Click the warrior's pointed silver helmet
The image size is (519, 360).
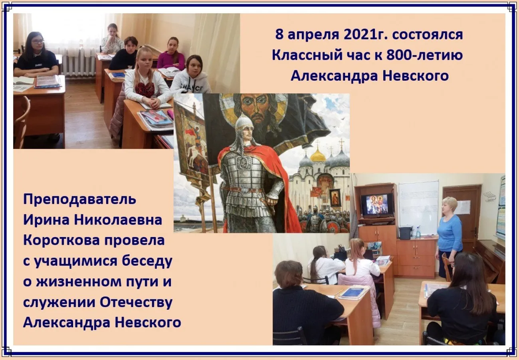click(244, 123)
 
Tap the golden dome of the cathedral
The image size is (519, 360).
click(318, 155)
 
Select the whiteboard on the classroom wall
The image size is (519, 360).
click(418, 206)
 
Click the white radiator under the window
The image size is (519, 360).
click(78, 63)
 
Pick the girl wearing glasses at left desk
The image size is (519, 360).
click(36, 56)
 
